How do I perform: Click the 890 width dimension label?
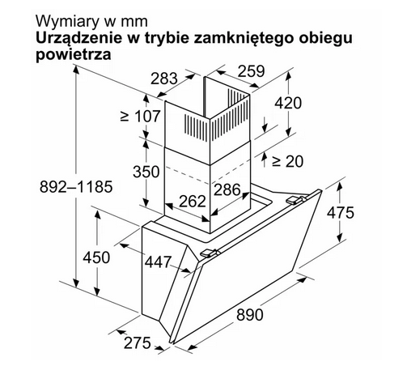click(x=249, y=315)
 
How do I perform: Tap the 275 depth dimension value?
click(x=137, y=343)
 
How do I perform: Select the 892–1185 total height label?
click(x=76, y=187)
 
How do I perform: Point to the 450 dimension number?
click(x=96, y=257)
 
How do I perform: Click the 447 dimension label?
click(x=158, y=262)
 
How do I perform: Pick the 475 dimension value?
click(x=341, y=213)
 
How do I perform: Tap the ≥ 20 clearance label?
click(x=287, y=161)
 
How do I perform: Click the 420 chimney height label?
click(x=288, y=103)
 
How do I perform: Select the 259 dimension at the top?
click(x=252, y=71)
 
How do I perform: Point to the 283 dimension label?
click(x=164, y=79)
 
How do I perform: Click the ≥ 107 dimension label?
click(x=140, y=116)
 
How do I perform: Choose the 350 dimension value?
click(x=146, y=172)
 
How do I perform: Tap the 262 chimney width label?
click(x=193, y=201)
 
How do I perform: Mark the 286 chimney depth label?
click(x=227, y=189)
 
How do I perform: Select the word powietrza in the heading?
click(x=74, y=54)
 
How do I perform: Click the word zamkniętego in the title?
click(x=243, y=38)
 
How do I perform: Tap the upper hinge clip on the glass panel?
click(x=295, y=200)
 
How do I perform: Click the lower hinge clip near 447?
click(x=209, y=253)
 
